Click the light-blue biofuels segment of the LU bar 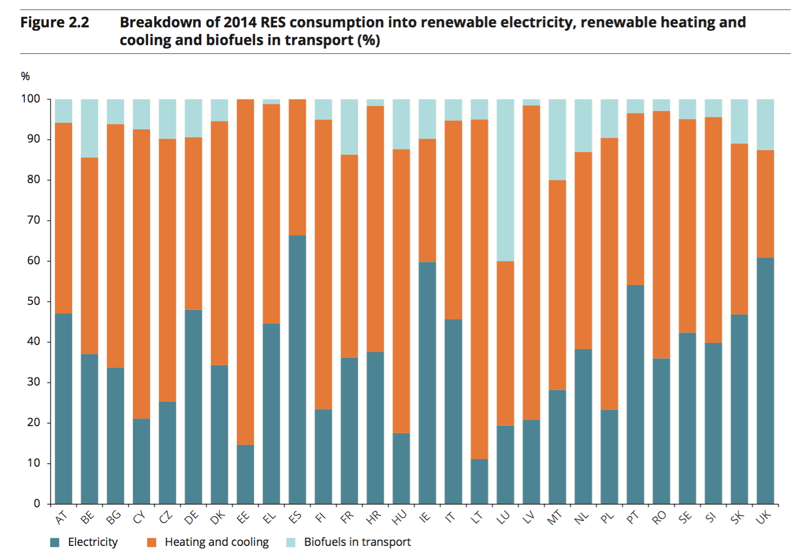tap(505, 180)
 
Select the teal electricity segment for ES tap(297, 369)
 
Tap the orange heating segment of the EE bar tap(245, 272)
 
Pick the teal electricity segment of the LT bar tap(479, 481)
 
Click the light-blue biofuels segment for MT tap(557, 140)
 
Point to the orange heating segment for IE tap(427, 200)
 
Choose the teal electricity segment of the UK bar tap(765, 380)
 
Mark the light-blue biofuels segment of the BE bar tap(89, 128)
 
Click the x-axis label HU tap(399, 517)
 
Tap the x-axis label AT tap(61, 517)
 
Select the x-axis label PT tap(633, 517)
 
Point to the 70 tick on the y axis tap(33, 220)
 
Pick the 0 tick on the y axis tap(36, 504)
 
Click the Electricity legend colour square tap(55, 542)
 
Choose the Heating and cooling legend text tap(216, 542)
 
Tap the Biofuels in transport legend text tap(357, 542)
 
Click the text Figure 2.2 tap(54, 22)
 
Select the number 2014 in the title tap(240, 22)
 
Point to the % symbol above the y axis tap(25, 77)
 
